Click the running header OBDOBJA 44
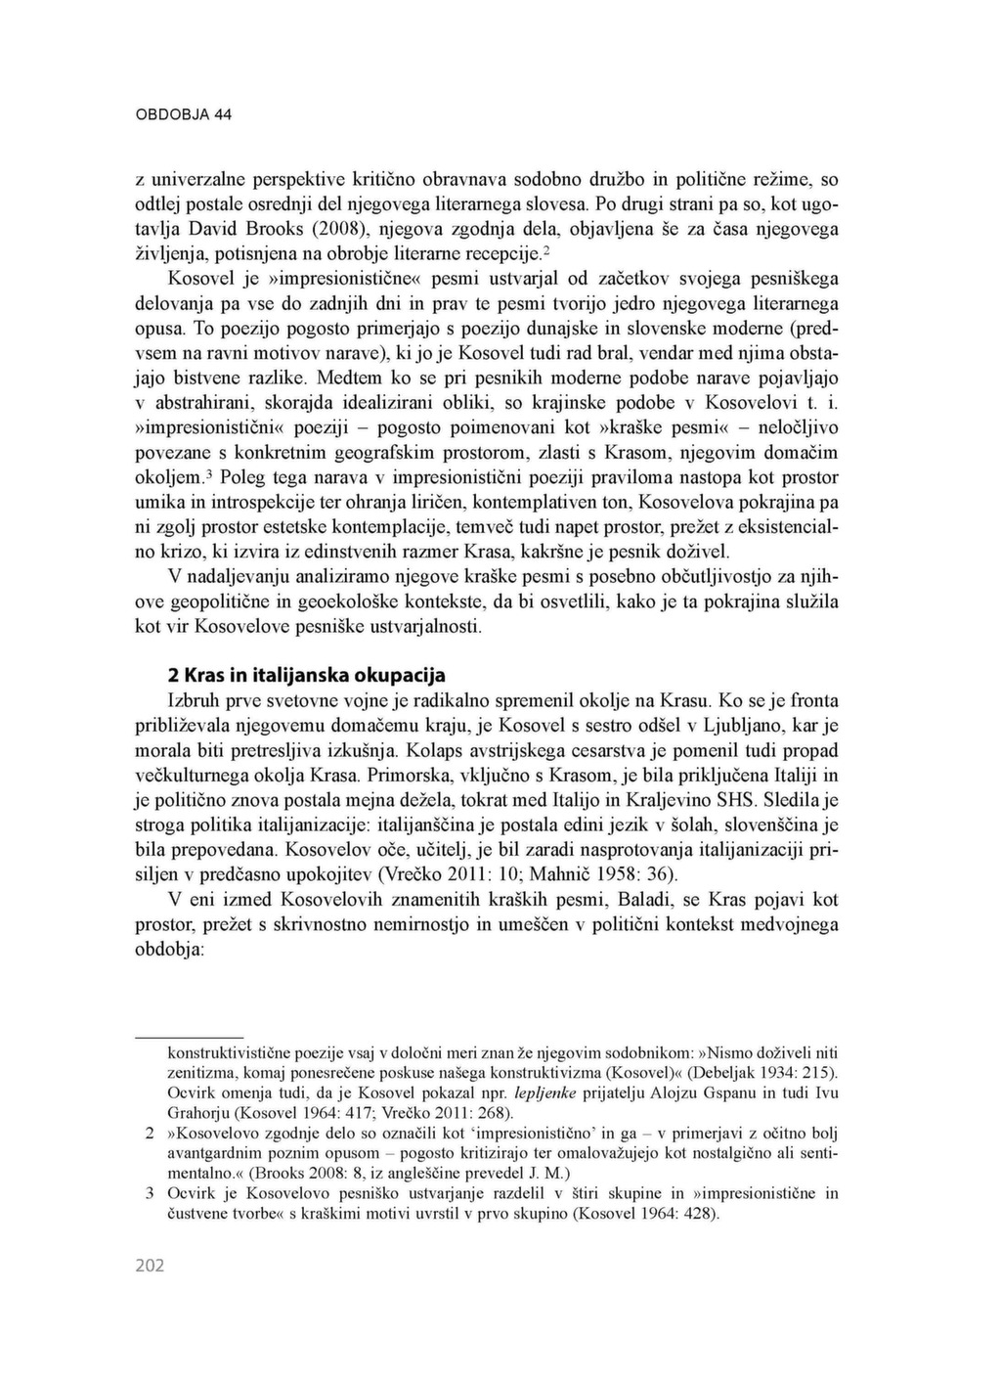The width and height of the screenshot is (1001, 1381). tap(183, 114)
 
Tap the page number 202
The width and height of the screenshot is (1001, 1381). tap(150, 1267)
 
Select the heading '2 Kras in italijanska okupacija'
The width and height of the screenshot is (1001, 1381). tap(307, 675)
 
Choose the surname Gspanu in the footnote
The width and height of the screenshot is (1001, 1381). tap(734, 1092)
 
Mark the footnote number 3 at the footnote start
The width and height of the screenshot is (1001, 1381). tap(151, 1193)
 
